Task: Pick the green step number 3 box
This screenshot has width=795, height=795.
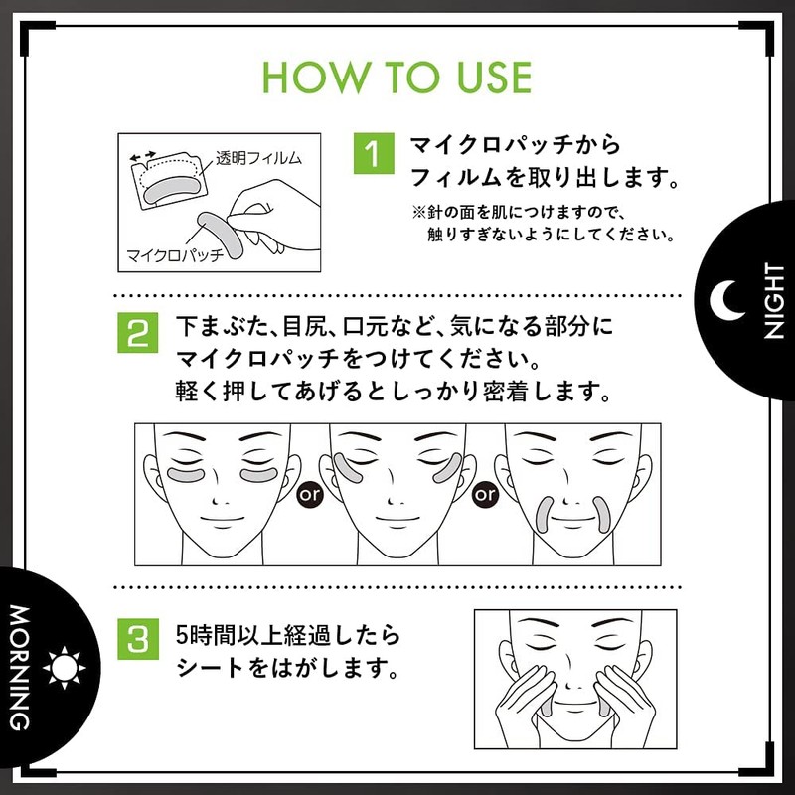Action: (139, 639)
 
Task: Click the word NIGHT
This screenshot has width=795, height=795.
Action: (773, 308)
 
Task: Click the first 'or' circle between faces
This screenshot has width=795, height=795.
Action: (310, 492)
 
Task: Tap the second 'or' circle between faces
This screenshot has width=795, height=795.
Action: (485, 492)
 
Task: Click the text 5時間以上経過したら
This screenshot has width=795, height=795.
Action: (273, 633)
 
